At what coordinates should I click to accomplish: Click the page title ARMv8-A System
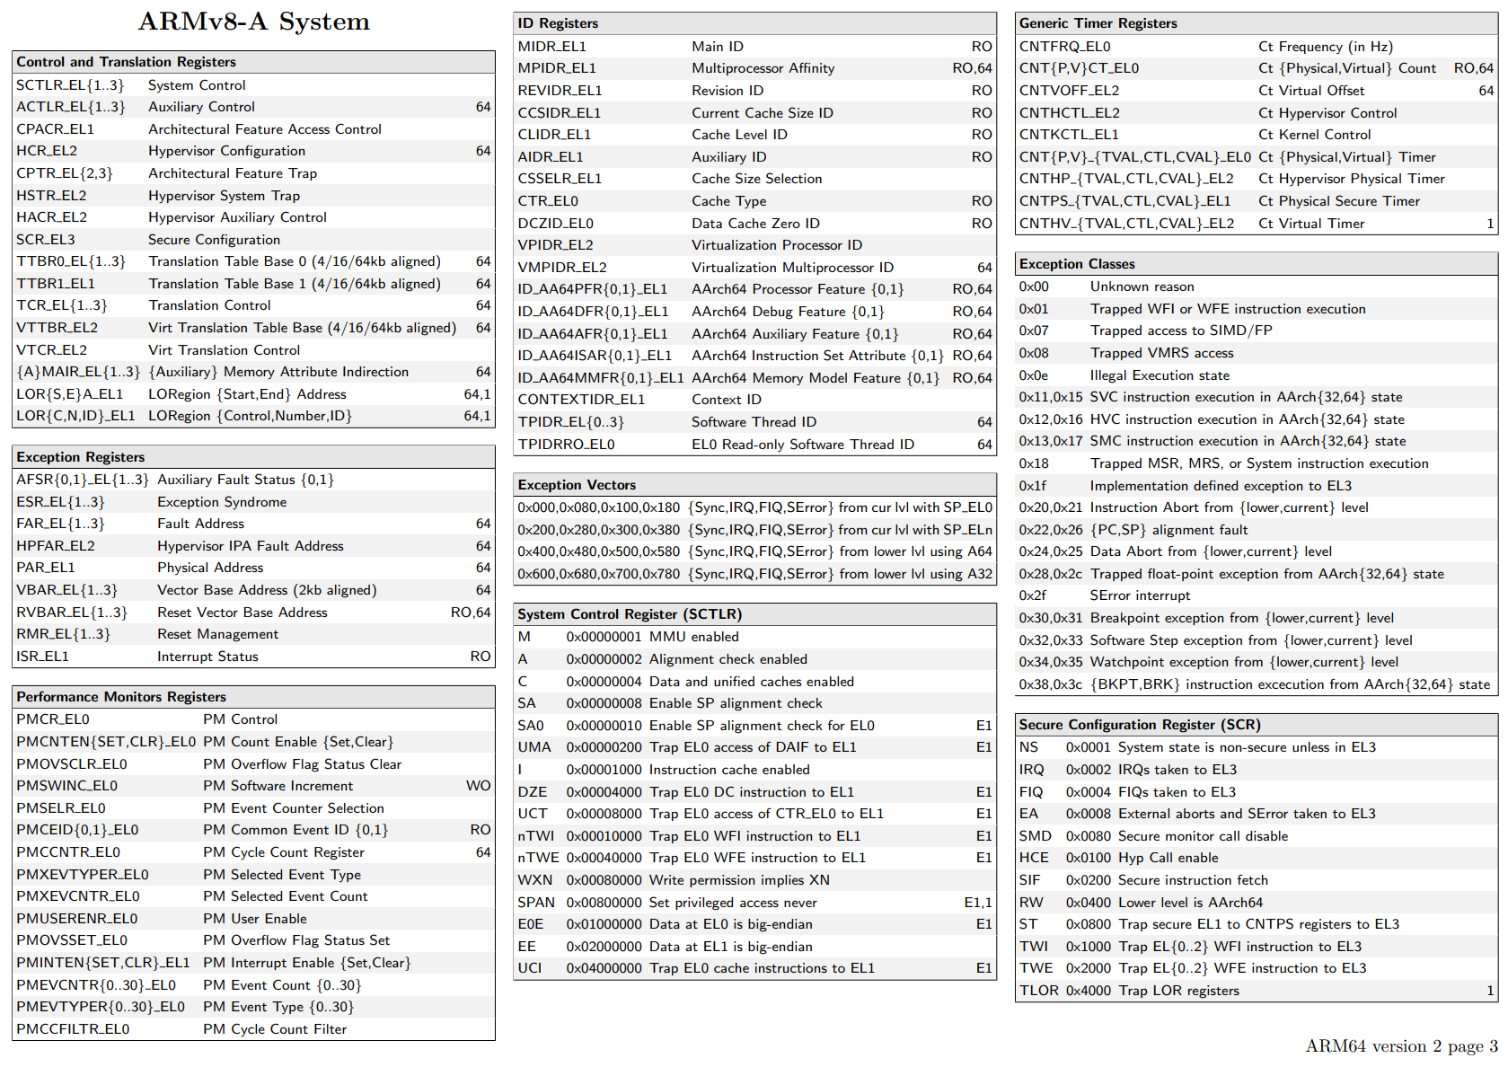tap(253, 22)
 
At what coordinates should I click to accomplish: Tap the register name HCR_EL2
tap(47, 151)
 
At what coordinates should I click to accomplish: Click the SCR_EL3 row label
tap(46, 240)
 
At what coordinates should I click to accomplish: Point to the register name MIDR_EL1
tap(551, 47)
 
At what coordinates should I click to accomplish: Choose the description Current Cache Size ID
tap(762, 113)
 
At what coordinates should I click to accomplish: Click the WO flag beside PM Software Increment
tap(478, 786)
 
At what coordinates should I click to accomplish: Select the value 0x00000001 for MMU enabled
tap(604, 637)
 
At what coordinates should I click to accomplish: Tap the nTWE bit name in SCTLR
tap(538, 858)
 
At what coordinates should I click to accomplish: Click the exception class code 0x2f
tap(1032, 595)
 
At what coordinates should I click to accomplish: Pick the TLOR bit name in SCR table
tap(1038, 991)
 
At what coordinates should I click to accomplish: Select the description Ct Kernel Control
tap(1314, 135)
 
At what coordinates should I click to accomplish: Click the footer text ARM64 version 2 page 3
tap(1401, 1046)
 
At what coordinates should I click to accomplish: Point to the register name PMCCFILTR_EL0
tap(73, 1029)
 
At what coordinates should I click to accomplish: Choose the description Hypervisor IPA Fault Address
tap(250, 546)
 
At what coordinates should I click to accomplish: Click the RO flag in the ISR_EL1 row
tap(481, 657)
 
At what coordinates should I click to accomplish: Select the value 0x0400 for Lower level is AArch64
tap(1088, 903)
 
